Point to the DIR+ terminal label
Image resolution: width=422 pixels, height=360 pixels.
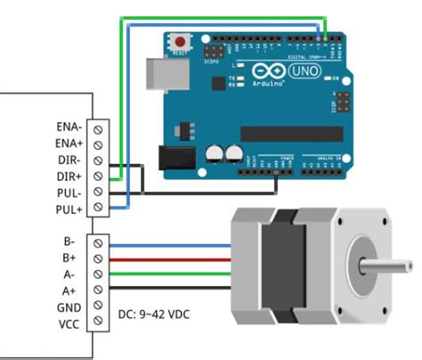[x=70, y=176]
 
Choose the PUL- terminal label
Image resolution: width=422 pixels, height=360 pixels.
[x=70, y=192]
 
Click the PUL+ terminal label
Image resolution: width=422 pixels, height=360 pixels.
[x=70, y=208]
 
